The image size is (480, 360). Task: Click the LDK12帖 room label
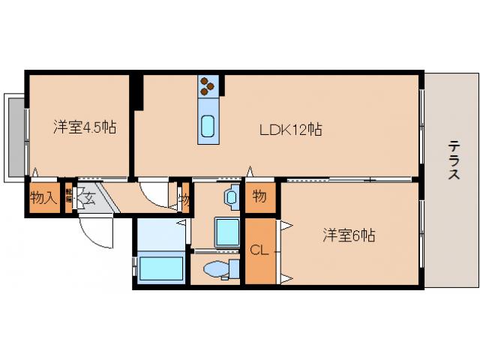click(x=291, y=130)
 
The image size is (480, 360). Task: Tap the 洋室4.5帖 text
click(x=84, y=127)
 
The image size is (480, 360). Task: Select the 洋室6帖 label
click(x=349, y=235)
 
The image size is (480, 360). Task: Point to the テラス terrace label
click(x=453, y=160)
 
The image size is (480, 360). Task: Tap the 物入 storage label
click(x=42, y=199)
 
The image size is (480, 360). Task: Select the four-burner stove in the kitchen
click(x=208, y=87)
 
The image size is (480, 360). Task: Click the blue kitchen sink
click(x=208, y=128)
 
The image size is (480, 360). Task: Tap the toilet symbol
click(x=218, y=269)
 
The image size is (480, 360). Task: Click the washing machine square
click(x=226, y=232)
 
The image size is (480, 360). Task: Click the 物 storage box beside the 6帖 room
click(x=259, y=197)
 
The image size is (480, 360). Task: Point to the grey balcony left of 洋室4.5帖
click(x=14, y=136)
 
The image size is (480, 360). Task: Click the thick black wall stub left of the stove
click(x=136, y=91)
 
